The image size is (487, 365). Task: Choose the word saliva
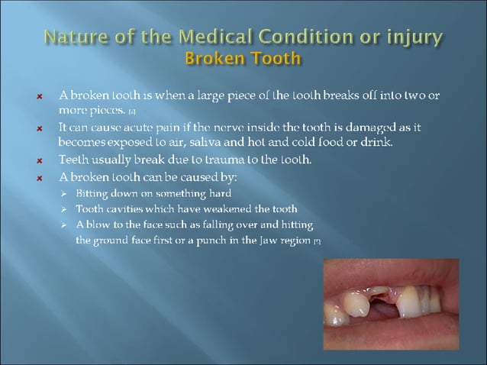click(204, 142)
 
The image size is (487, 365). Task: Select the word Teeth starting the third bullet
click(73, 160)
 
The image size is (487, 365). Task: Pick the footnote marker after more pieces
click(132, 112)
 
